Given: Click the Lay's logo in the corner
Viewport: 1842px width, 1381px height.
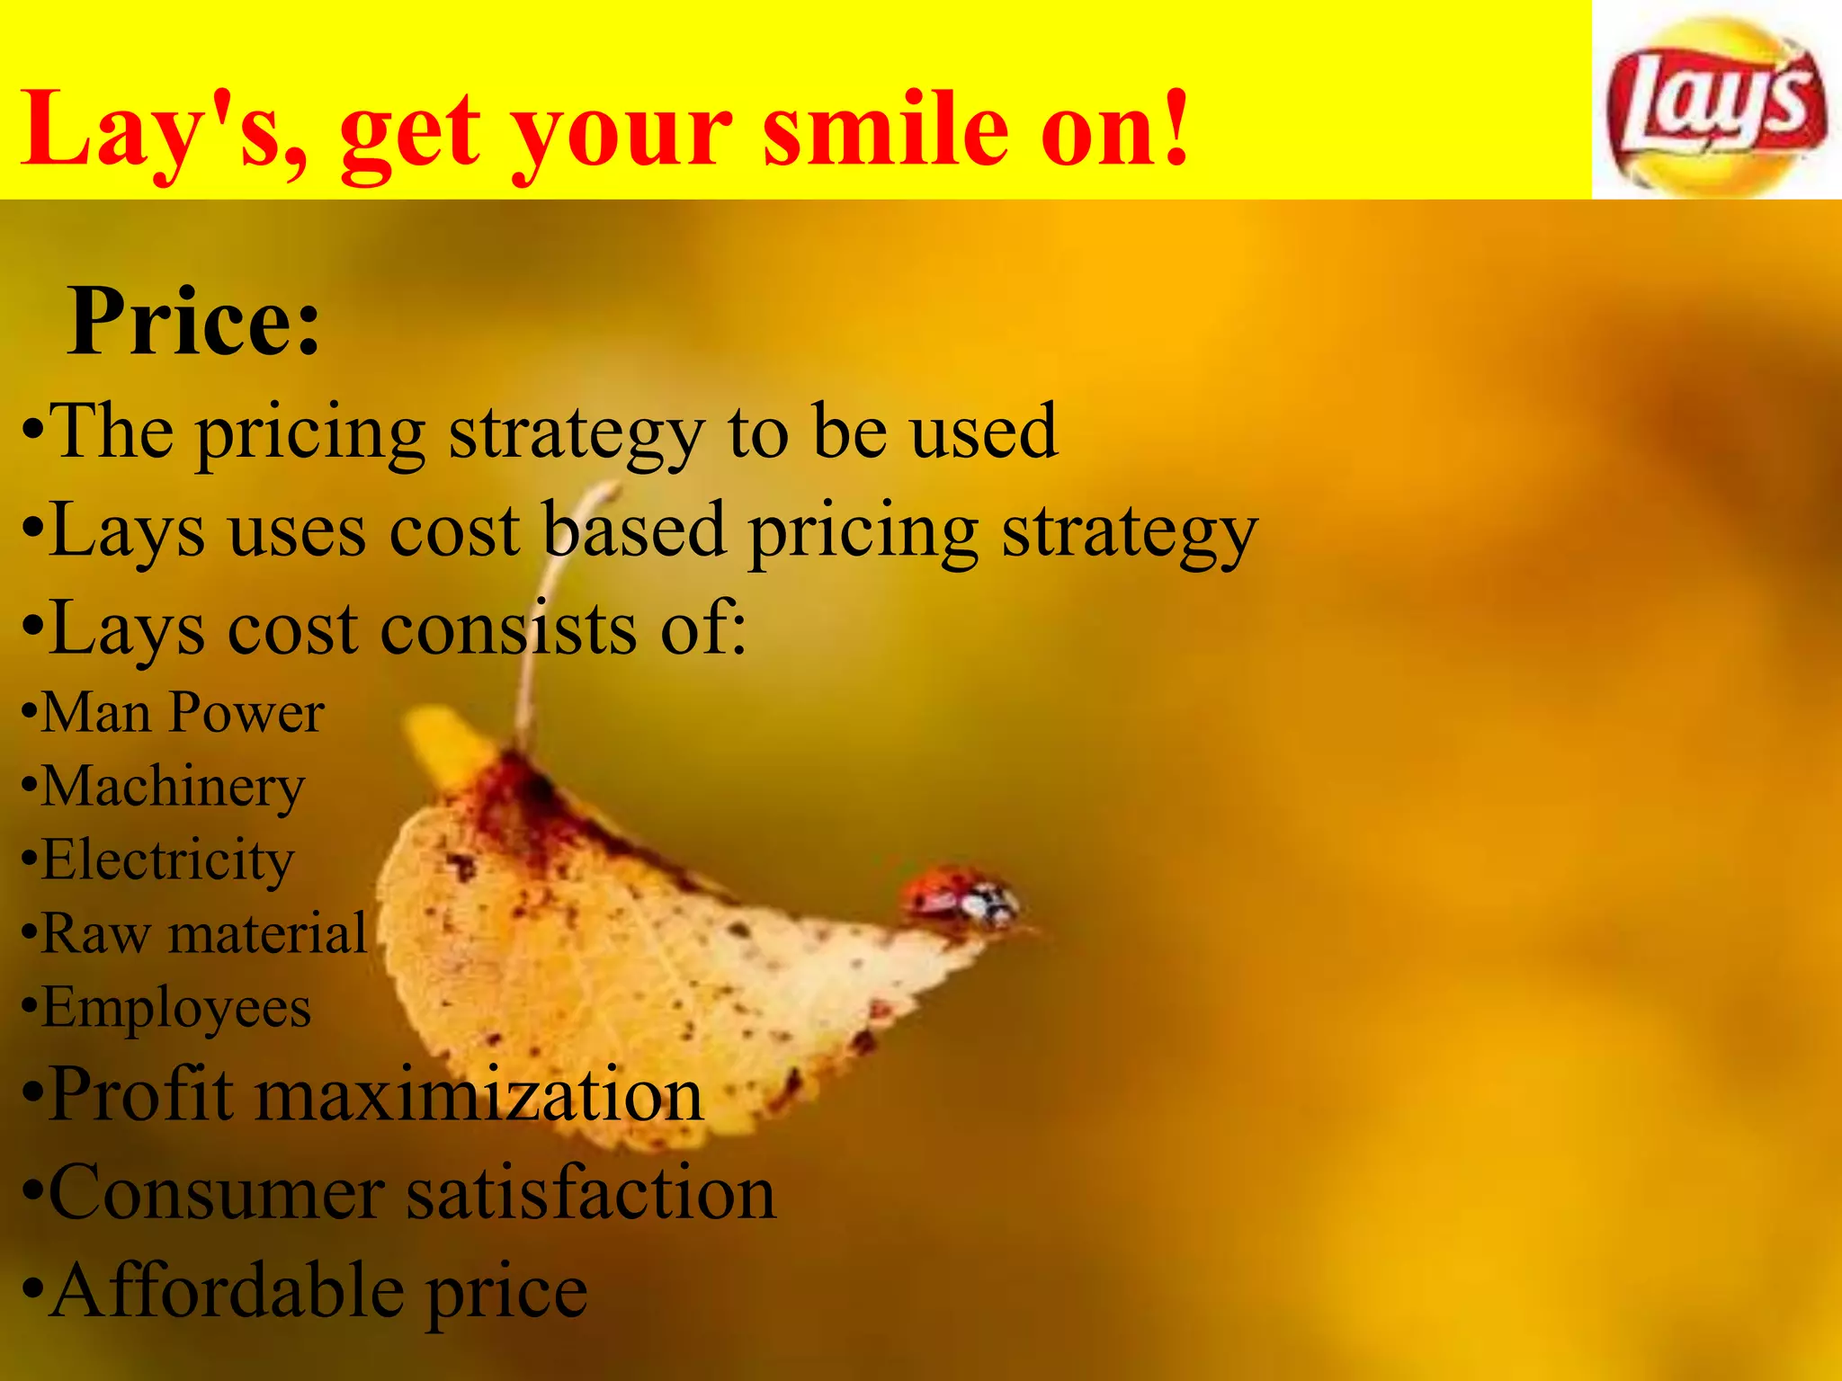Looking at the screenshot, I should pos(1716,103).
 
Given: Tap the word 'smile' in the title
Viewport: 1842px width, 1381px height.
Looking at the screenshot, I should pos(886,130).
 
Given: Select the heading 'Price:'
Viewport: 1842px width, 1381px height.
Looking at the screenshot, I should pos(193,322).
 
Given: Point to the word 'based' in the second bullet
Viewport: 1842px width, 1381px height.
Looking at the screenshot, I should pos(634,530).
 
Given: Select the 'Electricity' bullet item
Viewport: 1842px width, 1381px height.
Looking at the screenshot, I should pos(167,860).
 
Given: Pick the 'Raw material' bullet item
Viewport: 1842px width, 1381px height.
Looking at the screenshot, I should pos(203,933).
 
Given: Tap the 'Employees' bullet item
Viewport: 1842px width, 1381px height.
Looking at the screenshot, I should pos(176,1008).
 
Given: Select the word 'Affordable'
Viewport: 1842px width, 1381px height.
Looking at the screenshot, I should pos(226,1291).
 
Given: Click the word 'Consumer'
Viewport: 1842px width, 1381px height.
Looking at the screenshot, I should pos(216,1193).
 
